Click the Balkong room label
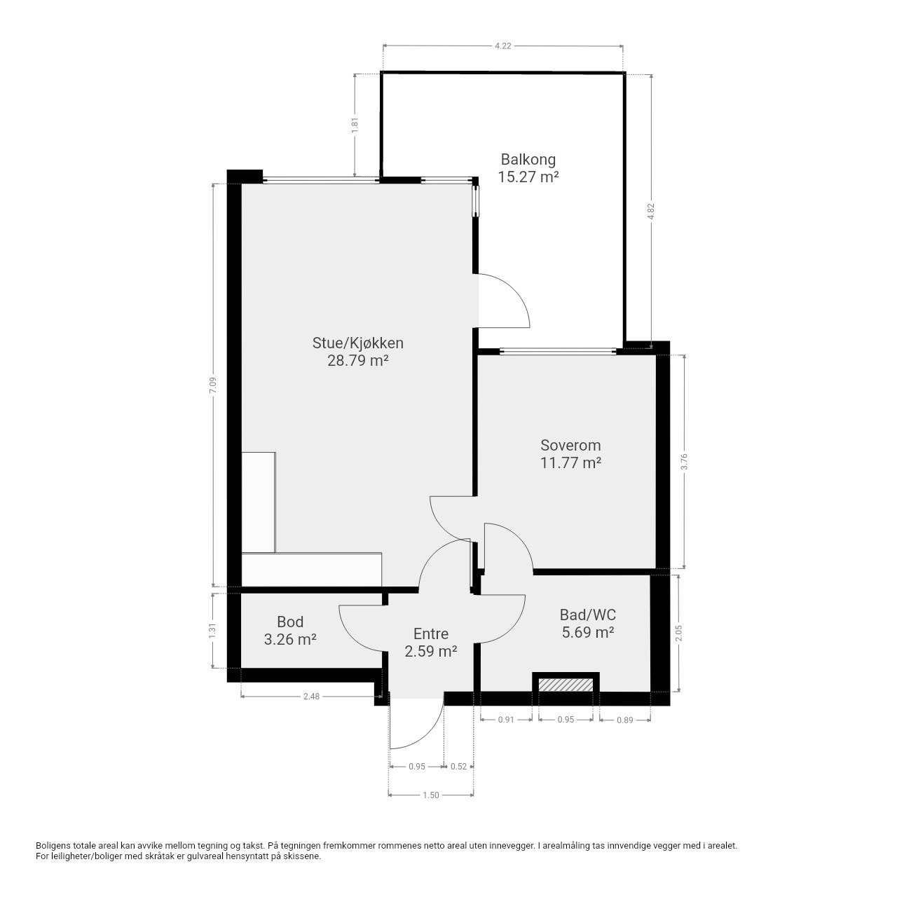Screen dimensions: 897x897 528,160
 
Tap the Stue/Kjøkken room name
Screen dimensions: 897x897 357,343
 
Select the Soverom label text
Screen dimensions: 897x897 570,445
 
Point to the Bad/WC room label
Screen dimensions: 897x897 587,615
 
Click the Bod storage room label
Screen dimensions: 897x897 290,622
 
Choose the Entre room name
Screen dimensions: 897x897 430,634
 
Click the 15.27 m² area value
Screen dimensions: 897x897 528,177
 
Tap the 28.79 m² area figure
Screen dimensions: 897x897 357,361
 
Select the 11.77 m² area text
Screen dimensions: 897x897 570,463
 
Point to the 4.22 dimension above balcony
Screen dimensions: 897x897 502,46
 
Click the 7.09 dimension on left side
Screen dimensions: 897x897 213,385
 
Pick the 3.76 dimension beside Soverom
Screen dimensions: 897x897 684,461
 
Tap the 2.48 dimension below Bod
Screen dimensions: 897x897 311,697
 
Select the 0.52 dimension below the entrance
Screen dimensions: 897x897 458,766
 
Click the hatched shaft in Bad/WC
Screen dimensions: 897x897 566,685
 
